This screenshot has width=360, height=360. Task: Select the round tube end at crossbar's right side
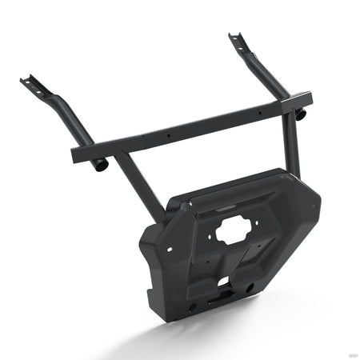pyautogui.click(x=302, y=114)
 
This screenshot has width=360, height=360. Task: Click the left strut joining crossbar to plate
pyautogui.click(x=136, y=184)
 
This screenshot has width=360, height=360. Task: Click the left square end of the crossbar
pyautogui.click(x=75, y=152)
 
